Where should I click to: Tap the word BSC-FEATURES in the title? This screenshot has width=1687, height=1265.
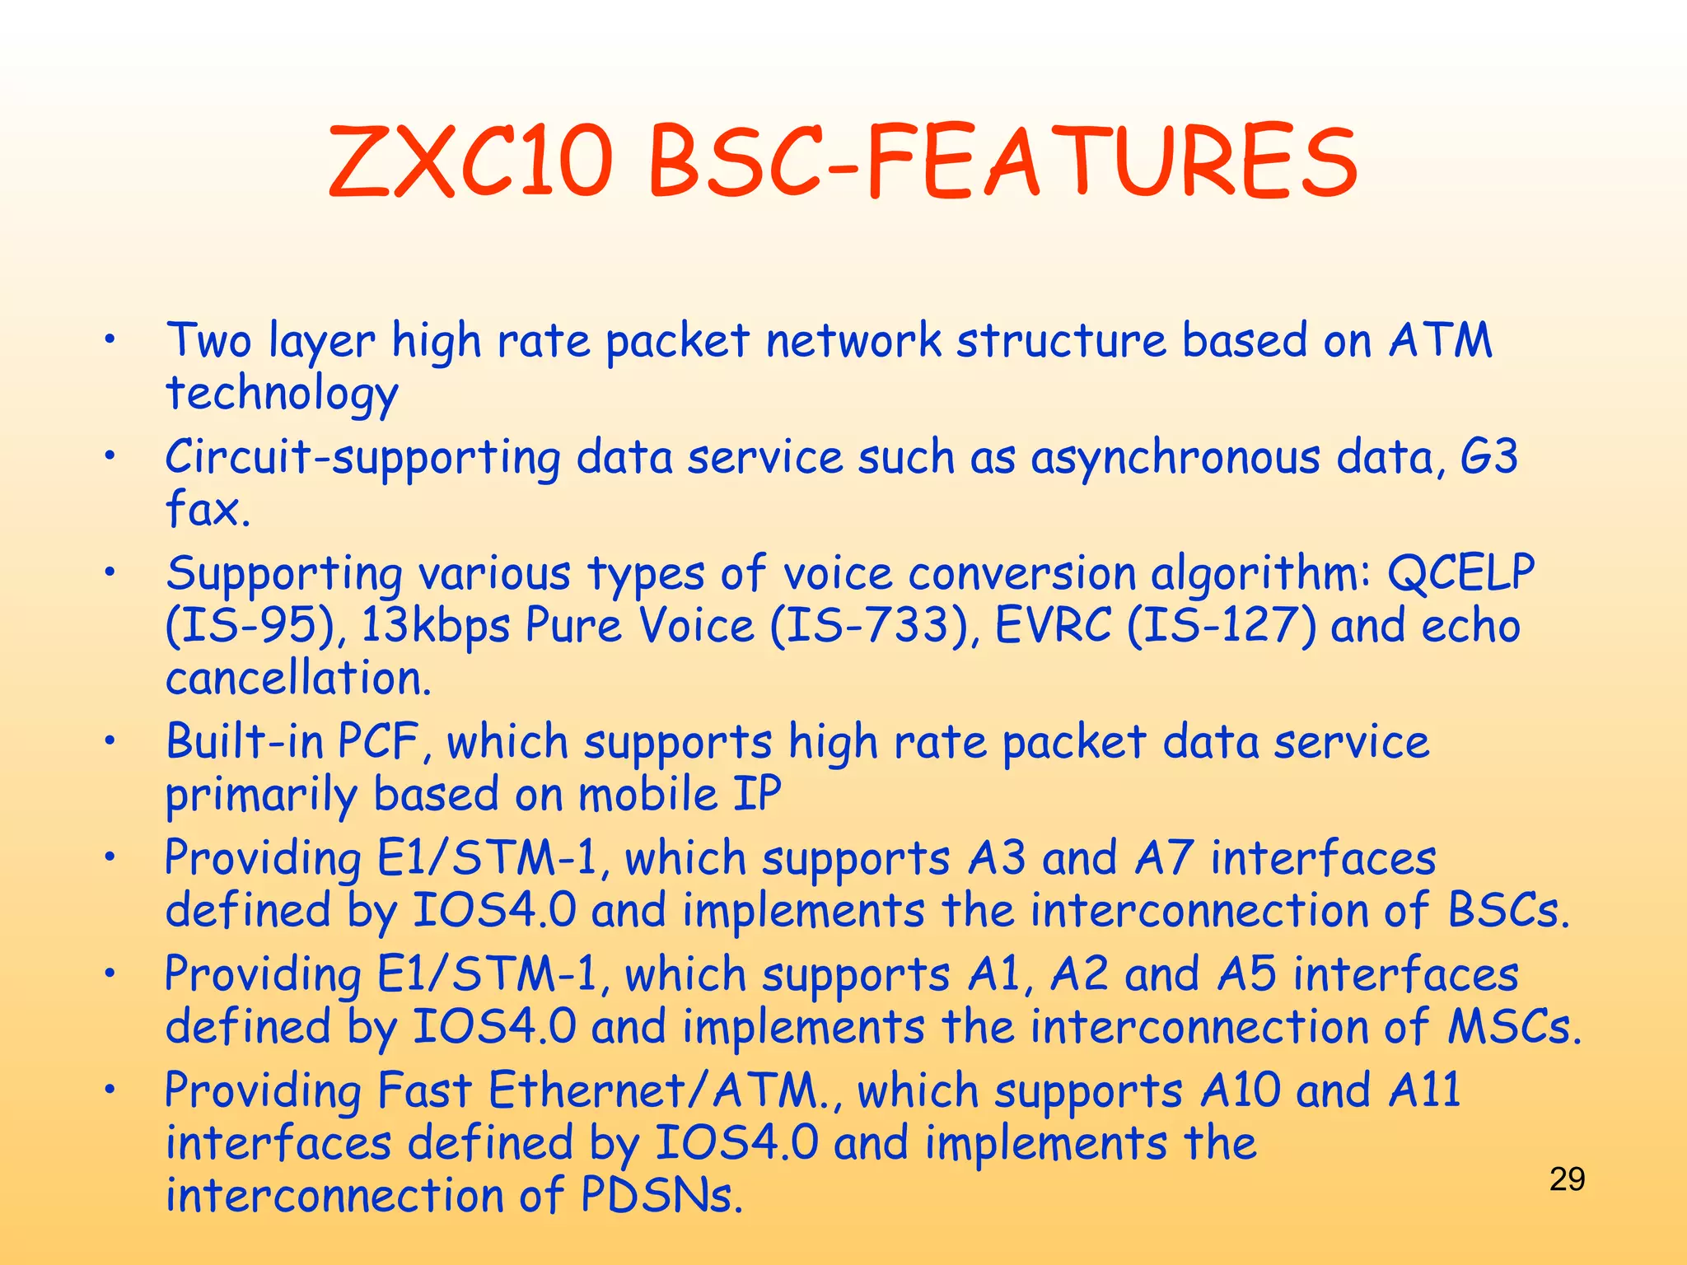click(1002, 161)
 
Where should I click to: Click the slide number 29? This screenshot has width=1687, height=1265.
click(1567, 1179)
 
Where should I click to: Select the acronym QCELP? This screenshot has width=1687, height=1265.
click(1460, 573)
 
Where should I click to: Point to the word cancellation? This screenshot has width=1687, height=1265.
click(298, 678)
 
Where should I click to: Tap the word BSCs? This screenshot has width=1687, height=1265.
click(1508, 910)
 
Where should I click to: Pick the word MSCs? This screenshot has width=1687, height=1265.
click(1515, 1026)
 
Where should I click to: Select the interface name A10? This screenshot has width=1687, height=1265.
click(1240, 1090)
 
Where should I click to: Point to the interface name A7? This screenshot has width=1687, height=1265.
click(1164, 858)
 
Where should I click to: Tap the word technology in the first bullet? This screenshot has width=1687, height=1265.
click(282, 394)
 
